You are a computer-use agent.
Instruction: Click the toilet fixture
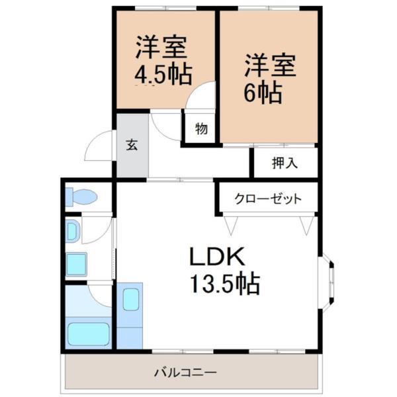[83, 197]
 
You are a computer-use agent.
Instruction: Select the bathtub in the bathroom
[88, 331]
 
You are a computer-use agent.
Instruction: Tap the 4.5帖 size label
[163, 73]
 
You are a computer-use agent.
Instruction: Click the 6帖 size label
[263, 91]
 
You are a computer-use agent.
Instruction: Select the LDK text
[218, 257]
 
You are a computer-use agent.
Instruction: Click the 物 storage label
[201, 128]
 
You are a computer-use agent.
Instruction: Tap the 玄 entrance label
[132, 145]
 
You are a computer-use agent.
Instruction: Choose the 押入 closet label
[285, 163]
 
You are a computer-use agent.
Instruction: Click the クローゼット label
[269, 198]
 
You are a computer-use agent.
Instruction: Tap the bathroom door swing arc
[99, 294]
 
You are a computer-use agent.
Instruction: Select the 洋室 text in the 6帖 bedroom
[268, 65]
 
